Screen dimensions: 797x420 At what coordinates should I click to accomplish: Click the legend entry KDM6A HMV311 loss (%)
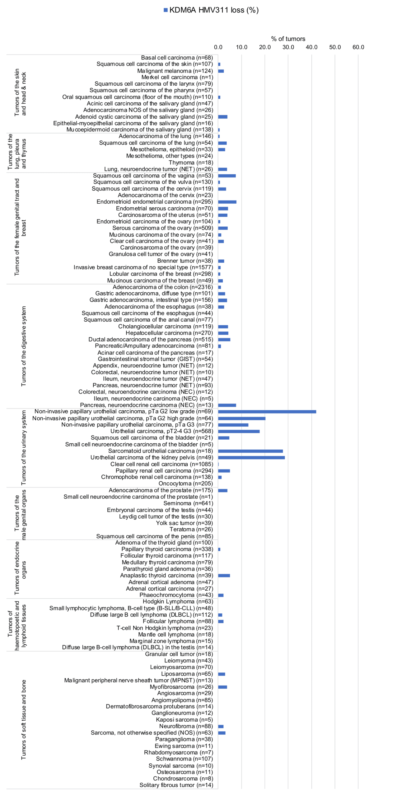(211, 10)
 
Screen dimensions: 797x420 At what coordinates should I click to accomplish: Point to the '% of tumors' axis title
(288, 39)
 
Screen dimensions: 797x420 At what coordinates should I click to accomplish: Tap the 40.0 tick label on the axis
(311, 47)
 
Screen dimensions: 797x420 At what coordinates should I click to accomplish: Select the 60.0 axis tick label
(358, 47)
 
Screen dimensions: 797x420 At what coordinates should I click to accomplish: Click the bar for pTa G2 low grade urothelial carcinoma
(267, 412)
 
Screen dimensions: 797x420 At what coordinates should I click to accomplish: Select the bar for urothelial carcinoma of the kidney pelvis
(251, 457)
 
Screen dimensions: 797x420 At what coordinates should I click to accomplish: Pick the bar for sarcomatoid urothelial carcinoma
(250, 451)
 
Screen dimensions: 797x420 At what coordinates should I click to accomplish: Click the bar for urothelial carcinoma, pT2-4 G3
(239, 431)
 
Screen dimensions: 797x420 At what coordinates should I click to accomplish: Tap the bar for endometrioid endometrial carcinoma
(227, 202)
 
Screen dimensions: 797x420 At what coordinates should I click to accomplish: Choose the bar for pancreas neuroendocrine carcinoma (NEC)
(227, 405)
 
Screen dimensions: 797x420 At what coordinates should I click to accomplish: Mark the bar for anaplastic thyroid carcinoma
(224, 575)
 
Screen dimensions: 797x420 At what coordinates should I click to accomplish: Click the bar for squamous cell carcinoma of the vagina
(227, 176)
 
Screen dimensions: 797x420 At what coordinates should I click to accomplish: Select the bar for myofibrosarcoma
(222, 687)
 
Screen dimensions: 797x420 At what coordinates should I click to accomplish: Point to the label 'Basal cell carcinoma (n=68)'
(177, 58)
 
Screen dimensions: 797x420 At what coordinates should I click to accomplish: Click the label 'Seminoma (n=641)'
(188, 503)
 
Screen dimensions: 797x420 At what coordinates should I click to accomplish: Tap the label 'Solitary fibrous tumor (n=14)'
(176, 785)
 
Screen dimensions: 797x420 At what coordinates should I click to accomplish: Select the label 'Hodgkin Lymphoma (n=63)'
(178, 601)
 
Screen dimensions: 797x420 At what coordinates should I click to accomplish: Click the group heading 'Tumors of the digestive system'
(24, 346)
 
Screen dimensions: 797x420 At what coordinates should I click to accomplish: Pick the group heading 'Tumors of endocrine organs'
(20, 568)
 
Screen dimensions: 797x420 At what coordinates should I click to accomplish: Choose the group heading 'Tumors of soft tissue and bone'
(24, 719)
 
